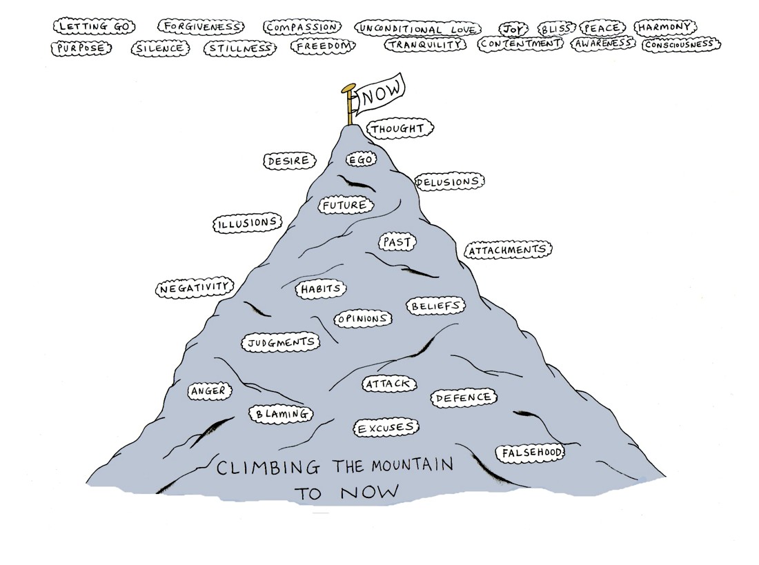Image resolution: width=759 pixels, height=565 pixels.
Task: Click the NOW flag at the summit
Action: pyautogui.click(x=380, y=95)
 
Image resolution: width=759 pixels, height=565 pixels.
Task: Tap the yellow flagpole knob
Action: pyautogui.click(x=348, y=88)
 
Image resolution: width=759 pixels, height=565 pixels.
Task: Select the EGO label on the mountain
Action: pyautogui.click(x=361, y=159)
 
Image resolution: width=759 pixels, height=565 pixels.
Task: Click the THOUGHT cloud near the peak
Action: pyautogui.click(x=400, y=128)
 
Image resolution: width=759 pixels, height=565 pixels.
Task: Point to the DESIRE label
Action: pyautogui.click(x=290, y=161)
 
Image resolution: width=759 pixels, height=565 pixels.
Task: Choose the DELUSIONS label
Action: pyautogui.click(x=449, y=182)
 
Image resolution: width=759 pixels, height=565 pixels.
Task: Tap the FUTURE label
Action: pyautogui.click(x=346, y=206)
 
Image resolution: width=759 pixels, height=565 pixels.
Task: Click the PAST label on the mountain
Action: pyautogui.click(x=397, y=242)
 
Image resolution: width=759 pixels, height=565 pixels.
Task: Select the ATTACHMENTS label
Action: pyautogui.click(x=508, y=250)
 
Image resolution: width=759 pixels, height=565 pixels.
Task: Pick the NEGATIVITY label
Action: pyautogui.click(x=195, y=288)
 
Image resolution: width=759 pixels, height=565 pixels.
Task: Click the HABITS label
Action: pyautogui.click(x=321, y=290)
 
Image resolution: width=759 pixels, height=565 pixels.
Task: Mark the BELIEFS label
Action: pyautogui.click(x=435, y=306)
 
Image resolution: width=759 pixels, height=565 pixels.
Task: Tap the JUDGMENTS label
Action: pyautogui.click(x=282, y=342)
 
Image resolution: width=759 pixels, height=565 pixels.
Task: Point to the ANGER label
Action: pyautogui.click(x=209, y=390)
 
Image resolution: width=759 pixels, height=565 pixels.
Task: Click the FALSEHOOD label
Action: pyautogui.click(x=531, y=453)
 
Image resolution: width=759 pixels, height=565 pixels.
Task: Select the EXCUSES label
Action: pyautogui.click(x=386, y=428)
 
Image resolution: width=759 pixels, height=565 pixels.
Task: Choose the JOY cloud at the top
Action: pyautogui.click(x=513, y=29)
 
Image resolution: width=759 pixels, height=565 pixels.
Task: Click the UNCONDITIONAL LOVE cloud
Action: pyautogui.click(x=417, y=28)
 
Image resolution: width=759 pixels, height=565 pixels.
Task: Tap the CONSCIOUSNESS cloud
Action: pyautogui.click(x=682, y=45)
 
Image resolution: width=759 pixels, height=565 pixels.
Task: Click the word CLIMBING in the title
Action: pyautogui.click(x=268, y=468)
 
